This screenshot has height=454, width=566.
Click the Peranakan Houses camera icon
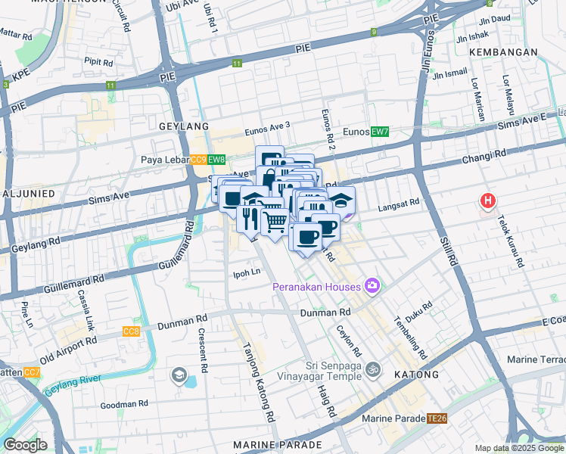coord(372,285)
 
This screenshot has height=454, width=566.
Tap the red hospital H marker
coord(489,201)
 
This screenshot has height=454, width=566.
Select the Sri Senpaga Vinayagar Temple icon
coord(372,370)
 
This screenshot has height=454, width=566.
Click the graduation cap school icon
coord(179,375)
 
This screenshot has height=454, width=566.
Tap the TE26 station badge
coord(437,418)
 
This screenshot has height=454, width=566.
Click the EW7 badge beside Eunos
coord(380,132)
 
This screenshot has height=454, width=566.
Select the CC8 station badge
coord(131,331)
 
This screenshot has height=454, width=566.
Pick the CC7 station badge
coord(32,372)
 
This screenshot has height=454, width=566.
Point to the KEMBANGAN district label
coord(503,51)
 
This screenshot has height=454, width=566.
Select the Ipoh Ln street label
coord(247,271)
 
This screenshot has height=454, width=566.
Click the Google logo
coord(25,445)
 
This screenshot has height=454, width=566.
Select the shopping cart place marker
coord(274,222)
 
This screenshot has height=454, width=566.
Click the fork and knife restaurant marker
coord(248,218)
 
